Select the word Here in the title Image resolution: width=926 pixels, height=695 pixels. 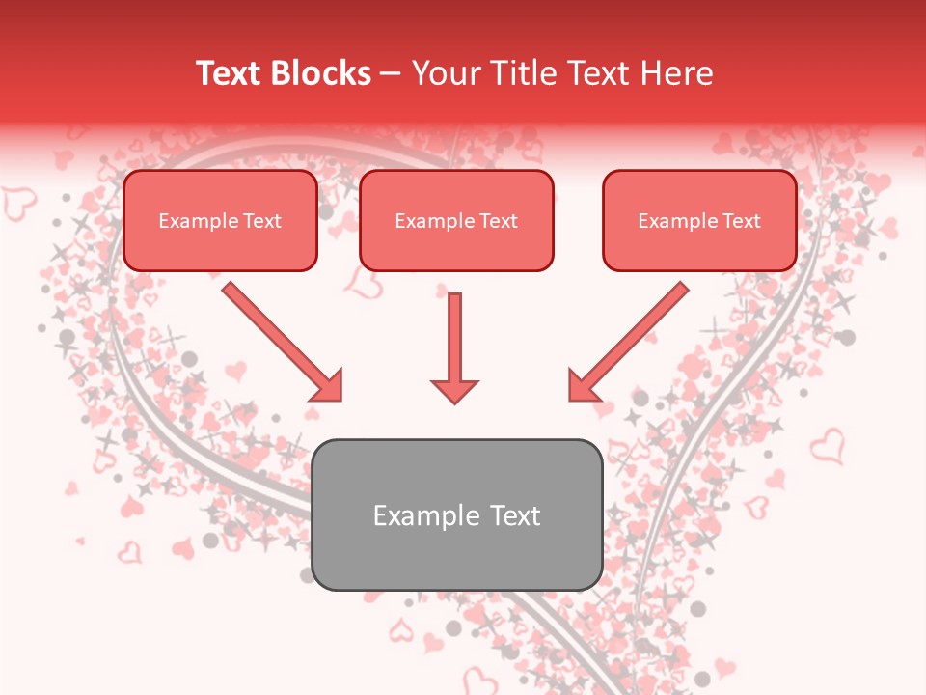[674, 73]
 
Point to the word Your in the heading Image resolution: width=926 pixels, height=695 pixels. [447, 73]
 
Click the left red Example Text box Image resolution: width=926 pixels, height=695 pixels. [220, 221]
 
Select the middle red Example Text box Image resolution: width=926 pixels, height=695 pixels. [456, 221]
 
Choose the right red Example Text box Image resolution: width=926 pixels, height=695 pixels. [699, 221]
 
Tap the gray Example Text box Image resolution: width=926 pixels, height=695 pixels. [457, 515]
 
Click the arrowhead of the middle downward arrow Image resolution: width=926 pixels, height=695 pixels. [454, 389]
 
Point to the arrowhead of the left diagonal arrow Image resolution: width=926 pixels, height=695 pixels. [328, 386]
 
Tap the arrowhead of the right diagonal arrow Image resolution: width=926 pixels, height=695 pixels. [583, 386]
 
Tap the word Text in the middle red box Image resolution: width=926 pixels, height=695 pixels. [497, 221]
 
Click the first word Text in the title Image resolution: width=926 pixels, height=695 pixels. [232, 73]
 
